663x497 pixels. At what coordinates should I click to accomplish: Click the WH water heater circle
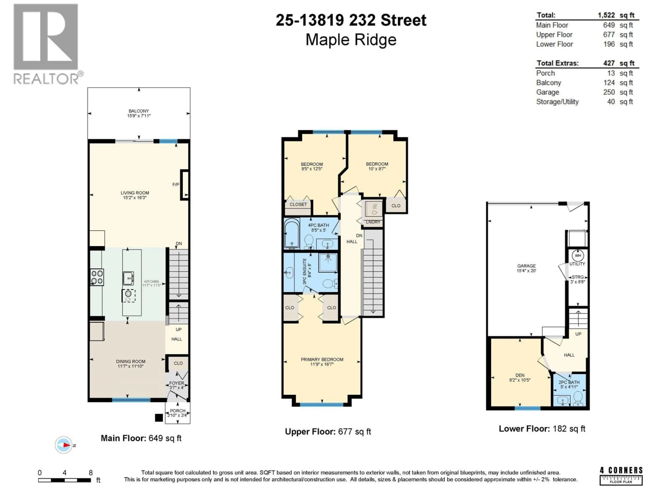578,256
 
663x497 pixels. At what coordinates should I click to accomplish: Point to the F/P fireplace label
176,184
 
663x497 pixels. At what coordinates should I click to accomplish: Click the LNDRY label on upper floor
373,222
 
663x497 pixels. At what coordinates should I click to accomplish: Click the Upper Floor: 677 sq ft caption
328,432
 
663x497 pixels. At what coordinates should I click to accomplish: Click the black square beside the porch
159,418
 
